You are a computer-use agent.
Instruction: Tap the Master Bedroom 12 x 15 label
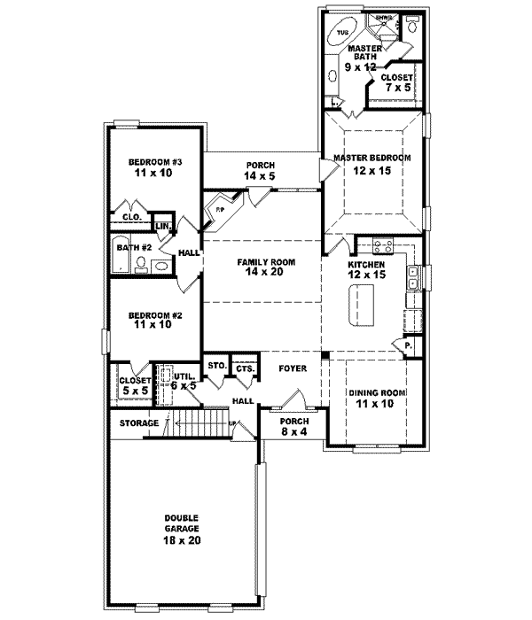click(x=372, y=164)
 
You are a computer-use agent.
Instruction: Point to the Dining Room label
click(x=370, y=398)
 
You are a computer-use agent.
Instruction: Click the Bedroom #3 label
click(x=154, y=167)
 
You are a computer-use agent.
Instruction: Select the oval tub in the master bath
click(x=341, y=36)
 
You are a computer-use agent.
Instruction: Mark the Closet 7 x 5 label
click(x=396, y=83)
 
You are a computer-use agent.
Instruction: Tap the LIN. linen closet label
click(x=163, y=227)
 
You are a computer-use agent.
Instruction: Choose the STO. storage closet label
click(x=215, y=365)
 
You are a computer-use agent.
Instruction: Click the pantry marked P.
click(x=409, y=345)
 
